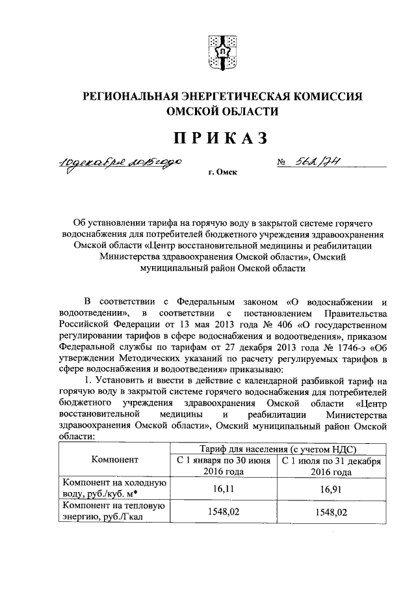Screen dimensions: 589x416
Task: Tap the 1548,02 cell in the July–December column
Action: pyautogui.click(x=330, y=512)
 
